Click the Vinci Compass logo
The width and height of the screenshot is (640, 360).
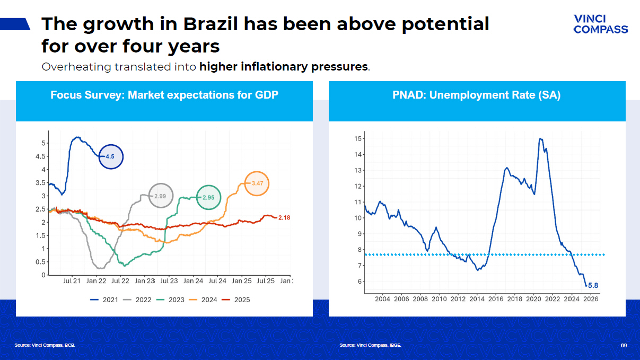(600, 24)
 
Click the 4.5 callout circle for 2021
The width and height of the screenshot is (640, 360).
(111, 157)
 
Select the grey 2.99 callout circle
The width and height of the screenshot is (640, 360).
(161, 196)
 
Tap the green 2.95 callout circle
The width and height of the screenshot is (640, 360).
(209, 197)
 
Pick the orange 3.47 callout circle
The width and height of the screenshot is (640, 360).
(257, 183)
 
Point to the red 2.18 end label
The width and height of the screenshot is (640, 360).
(285, 218)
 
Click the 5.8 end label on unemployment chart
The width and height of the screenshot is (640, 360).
(593, 286)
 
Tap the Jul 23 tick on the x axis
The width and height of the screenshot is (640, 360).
(169, 281)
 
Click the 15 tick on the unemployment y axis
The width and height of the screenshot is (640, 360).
(358, 139)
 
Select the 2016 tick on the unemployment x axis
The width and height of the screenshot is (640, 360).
(496, 299)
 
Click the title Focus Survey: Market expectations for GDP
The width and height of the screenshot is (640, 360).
(164, 95)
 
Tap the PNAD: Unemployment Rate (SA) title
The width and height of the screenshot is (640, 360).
(477, 95)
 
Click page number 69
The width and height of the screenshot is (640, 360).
(624, 346)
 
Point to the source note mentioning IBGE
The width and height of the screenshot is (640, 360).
(370, 346)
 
